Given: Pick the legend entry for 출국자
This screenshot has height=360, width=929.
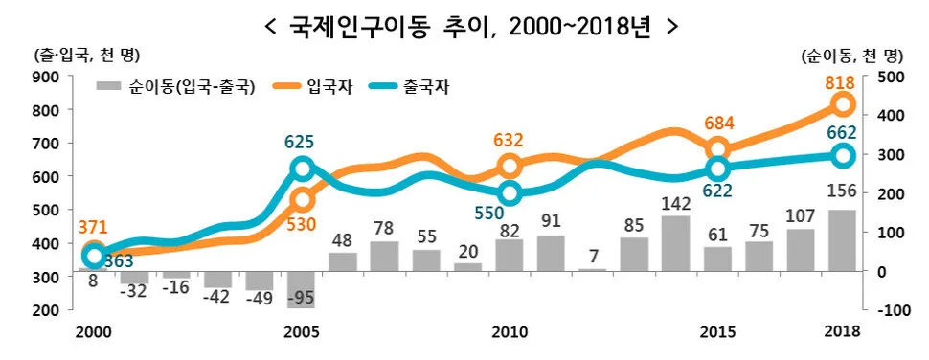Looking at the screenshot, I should coord(422,87).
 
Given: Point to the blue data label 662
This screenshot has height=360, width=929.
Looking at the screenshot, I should coord(840,133).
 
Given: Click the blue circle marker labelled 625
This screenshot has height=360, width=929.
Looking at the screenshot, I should coord(301,169).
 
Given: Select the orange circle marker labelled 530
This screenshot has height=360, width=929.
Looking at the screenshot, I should coord(301,200).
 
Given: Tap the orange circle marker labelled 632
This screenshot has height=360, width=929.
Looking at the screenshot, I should coord(510,167).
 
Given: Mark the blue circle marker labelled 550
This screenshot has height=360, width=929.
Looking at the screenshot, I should coord(510,193).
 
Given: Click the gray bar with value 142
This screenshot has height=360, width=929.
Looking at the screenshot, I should coord(675,243).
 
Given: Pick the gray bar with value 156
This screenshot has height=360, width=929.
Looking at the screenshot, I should coord(842,240).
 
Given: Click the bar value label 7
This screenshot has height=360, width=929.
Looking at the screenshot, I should coord(593,257).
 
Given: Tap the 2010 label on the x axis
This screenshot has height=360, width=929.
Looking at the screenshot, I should coord(510,331).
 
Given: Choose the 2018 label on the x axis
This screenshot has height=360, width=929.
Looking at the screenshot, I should coord(842,331).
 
